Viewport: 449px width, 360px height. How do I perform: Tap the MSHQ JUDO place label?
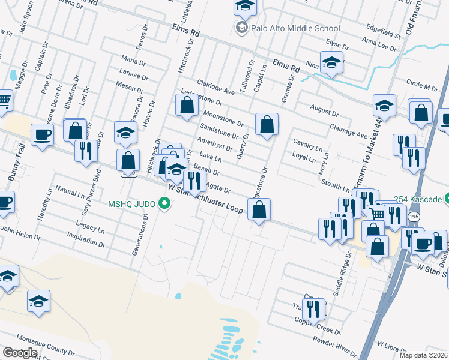[x=132, y=203]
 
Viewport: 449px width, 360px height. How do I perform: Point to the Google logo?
[x=20, y=353]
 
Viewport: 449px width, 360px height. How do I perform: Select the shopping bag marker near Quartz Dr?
[x=267, y=124]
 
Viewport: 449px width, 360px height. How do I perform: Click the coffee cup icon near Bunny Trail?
[x=42, y=134]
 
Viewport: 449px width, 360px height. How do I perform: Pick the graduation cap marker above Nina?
[x=331, y=62]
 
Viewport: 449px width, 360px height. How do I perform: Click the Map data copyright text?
[x=423, y=355]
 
